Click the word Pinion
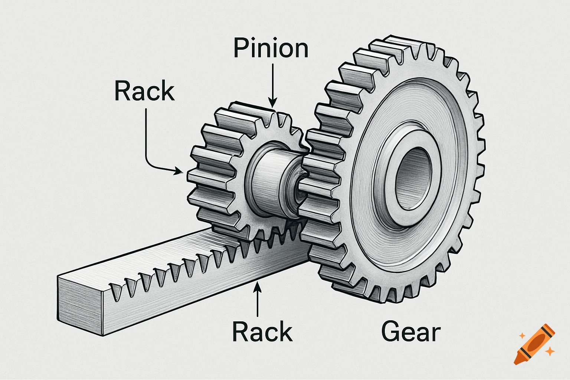tap(271, 49)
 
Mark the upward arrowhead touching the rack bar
tap(256, 286)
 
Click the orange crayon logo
tap(534, 344)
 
